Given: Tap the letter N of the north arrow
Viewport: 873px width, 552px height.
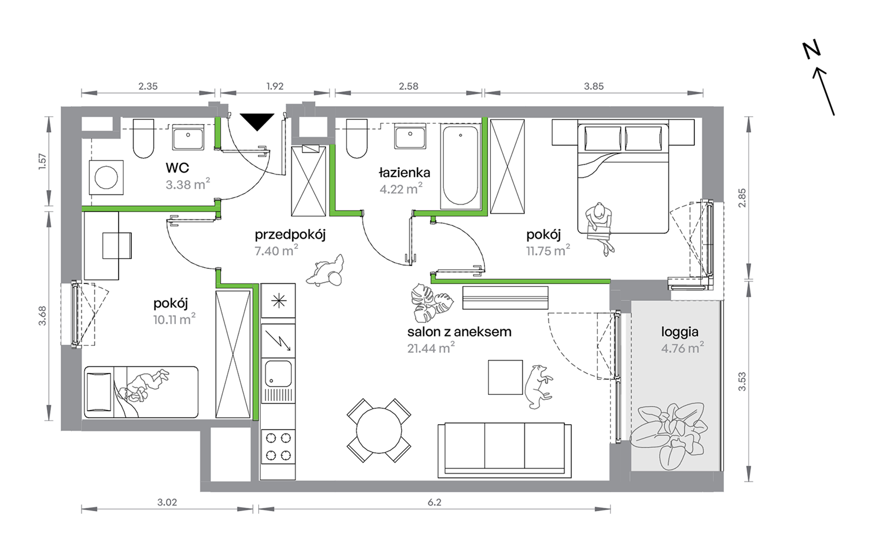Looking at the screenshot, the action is click(x=812, y=50).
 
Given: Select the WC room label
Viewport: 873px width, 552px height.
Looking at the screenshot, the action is click(x=177, y=168).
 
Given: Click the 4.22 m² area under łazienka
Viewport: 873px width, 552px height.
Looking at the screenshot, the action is click(x=401, y=188).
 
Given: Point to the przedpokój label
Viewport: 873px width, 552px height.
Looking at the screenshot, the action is click(x=290, y=235).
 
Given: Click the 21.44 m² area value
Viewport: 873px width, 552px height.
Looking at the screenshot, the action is click(x=431, y=347).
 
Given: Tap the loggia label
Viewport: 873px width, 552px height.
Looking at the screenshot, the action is click(x=680, y=332).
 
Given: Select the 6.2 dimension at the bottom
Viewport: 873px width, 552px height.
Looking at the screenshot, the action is click(x=434, y=502).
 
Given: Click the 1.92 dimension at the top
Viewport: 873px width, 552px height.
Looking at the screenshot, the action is click(x=275, y=86).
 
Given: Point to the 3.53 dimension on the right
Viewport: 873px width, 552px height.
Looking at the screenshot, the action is click(x=742, y=381).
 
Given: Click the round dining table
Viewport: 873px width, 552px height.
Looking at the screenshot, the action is click(x=379, y=431).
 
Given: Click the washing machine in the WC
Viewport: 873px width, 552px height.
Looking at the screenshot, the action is click(x=106, y=177).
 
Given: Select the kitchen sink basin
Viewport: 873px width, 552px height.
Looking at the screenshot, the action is click(x=278, y=373).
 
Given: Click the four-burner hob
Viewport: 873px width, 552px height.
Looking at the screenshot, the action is click(x=278, y=446).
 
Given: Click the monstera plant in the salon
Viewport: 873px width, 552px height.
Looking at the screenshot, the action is click(x=431, y=302).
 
